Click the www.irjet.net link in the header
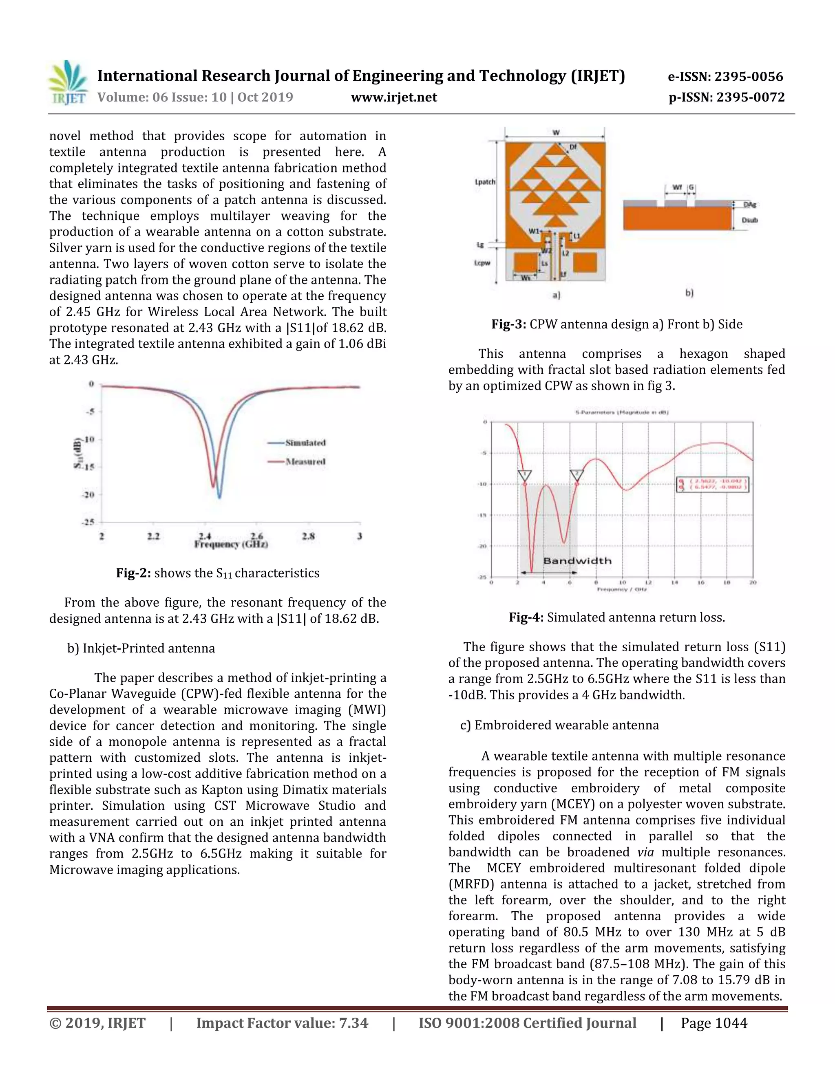tap(394, 97)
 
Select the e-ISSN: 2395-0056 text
tap(725, 77)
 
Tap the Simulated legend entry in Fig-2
tap(305, 443)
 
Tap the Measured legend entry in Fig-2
tap(305, 461)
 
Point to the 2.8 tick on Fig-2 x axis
tap(308, 536)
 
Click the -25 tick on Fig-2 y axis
tap(88, 522)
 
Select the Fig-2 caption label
tap(134, 573)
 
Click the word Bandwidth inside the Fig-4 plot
tap(577, 561)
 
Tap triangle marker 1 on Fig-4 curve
tap(525, 475)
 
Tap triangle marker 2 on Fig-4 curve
tap(576, 475)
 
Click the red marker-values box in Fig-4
tap(713, 484)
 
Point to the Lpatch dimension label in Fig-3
tap(485, 182)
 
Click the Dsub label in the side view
tap(749, 220)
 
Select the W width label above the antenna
tap(556, 132)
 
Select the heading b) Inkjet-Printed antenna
tap(141, 648)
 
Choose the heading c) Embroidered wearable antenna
tap(559, 725)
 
